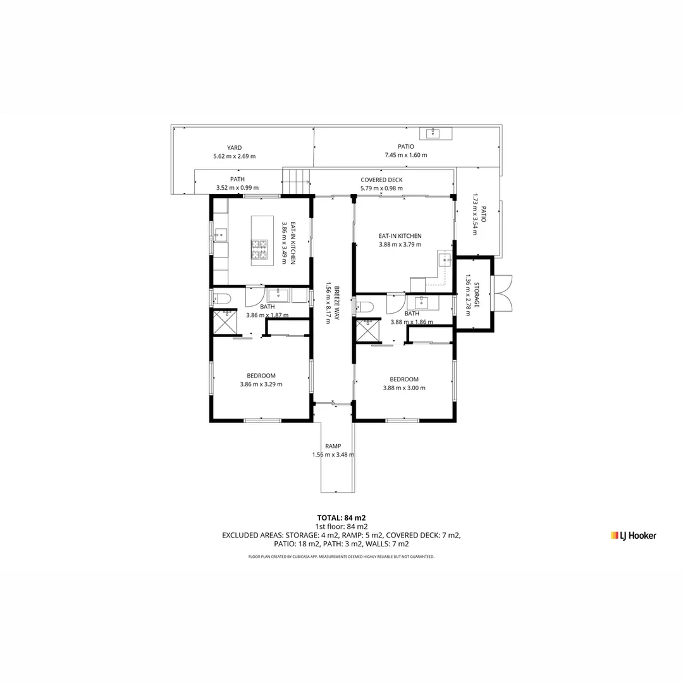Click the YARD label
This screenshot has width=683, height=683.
pos(235,148)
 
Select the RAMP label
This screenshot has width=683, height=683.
pos(333,446)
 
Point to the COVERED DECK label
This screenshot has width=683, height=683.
pos(381,180)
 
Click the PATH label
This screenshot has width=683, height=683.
pos(237,179)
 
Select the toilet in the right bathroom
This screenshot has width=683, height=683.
pos(366,307)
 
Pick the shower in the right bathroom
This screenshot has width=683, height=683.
pos(367,331)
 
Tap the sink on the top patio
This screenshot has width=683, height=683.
pos(433,133)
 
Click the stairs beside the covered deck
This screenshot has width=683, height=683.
pos(295,182)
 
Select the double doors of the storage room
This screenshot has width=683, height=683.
pos(503,293)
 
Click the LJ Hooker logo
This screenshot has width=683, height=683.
pos(633,536)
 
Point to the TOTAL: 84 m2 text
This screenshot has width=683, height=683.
pos(341,517)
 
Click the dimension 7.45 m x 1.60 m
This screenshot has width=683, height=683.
pos(405,155)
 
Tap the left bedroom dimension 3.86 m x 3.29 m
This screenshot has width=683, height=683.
pos(261,384)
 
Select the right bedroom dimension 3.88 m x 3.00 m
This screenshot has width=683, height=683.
pos(404,388)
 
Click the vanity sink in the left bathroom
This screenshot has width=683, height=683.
pos(278,295)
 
